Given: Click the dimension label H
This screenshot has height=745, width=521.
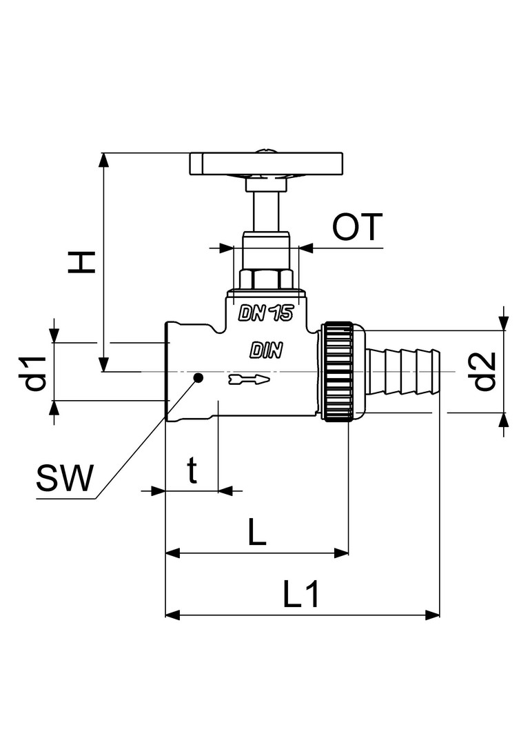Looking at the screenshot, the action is point(81,262).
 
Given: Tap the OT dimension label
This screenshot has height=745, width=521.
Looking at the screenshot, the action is point(357,228).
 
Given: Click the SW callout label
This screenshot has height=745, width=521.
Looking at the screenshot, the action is point(65,478).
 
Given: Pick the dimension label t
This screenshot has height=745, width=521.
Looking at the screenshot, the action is point(192,471).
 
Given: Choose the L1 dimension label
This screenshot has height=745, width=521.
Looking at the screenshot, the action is point(301,595).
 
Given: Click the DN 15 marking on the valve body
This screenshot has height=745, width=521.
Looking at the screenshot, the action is point(266,313).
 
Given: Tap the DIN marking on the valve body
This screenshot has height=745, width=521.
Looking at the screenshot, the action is point(266,350).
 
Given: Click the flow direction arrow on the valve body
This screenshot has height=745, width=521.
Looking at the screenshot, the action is point(248,379).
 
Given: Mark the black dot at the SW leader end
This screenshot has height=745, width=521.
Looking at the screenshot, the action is point(198,378).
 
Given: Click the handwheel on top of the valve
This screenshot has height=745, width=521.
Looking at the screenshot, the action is point(266,163).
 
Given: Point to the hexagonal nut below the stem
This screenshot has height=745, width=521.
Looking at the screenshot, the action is point(266,279).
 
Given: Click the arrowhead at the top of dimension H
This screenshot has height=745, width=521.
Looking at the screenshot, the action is point(103,159).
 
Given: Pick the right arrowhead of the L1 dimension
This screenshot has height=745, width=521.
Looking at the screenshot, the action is point(432,615).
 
